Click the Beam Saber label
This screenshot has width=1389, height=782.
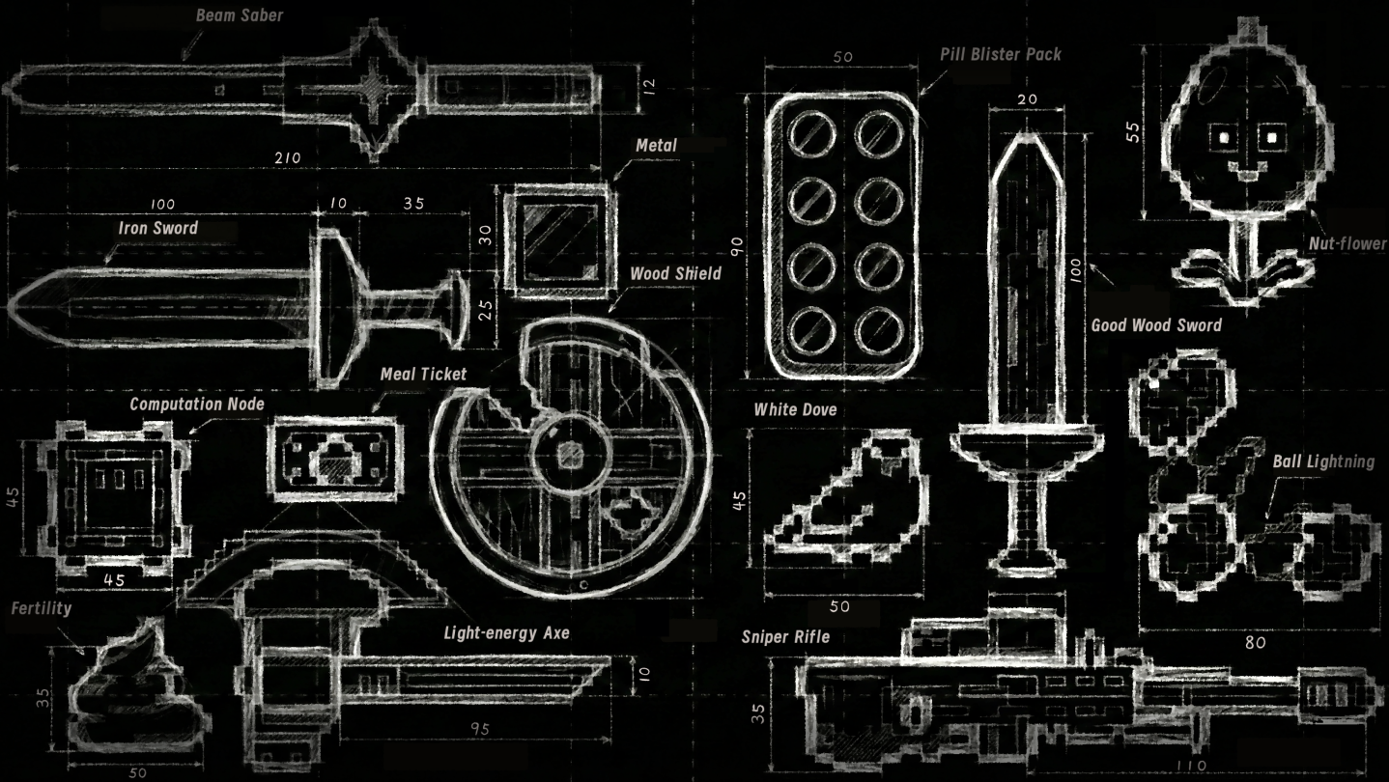[240, 15]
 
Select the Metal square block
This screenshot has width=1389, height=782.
[555, 241]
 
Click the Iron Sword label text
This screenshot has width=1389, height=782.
[157, 229]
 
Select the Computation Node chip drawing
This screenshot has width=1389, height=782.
[114, 493]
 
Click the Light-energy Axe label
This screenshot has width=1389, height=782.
[506, 634]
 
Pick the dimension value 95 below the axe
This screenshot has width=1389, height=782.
[479, 730]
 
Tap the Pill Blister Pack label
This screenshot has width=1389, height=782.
[1000, 54]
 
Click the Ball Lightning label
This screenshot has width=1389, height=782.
[1322, 461]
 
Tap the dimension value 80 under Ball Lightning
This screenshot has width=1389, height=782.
[1254, 643]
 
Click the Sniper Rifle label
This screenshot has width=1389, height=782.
[785, 636]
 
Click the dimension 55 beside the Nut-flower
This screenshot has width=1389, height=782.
[1133, 130]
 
